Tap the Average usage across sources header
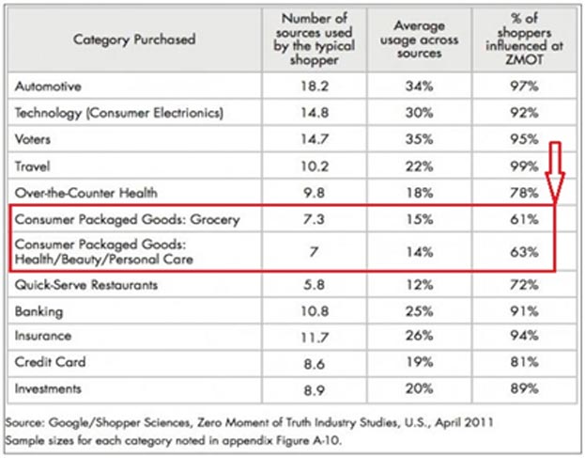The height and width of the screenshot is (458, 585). pyautogui.click(x=419, y=39)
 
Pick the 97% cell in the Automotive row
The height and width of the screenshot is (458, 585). pyautogui.click(x=522, y=86)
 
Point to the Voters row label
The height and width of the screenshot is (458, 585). pyautogui.click(x=33, y=139)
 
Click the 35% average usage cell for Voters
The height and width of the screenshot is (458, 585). pyautogui.click(x=418, y=139)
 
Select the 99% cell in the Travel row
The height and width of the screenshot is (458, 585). pyautogui.click(x=522, y=166)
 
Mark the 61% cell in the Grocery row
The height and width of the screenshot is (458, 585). pyautogui.click(x=522, y=219)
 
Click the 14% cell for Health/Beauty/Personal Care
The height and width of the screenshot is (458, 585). pyautogui.click(x=418, y=253)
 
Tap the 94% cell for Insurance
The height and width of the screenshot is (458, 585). pyautogui.click(x=522, y=335)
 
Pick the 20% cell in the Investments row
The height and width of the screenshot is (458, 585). pyautogui.click(x=418, y=387)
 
